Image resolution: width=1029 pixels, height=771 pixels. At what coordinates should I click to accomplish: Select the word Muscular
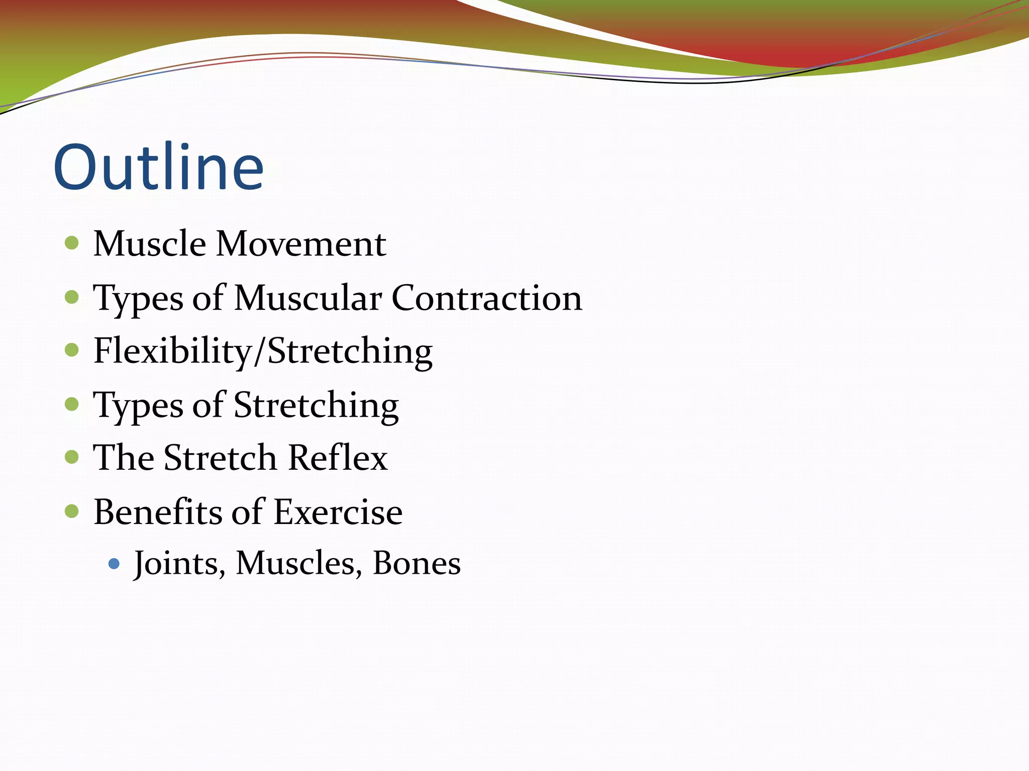[307, 298]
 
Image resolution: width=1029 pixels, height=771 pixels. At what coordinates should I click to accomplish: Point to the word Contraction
[486, 298]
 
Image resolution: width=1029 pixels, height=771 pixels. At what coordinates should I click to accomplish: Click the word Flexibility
[172, 351]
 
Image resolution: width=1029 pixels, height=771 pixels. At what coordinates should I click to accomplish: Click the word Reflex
[338, 458]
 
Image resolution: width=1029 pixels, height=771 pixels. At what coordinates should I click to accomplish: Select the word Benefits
[157, 512]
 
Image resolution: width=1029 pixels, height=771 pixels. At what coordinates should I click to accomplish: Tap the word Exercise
[338, 512]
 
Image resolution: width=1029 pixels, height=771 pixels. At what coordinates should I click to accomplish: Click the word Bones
[417, 564]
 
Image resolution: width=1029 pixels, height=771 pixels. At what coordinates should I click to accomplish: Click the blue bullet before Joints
[114, 564]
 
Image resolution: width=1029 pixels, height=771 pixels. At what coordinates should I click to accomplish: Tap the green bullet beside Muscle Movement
[72, 243]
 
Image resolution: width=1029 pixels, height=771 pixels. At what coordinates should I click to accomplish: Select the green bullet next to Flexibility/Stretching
[72, 349]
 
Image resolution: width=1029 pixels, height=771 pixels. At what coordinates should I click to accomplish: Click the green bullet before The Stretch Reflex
[72, 457]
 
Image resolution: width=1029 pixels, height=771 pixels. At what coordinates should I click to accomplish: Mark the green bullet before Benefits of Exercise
[72, 511]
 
